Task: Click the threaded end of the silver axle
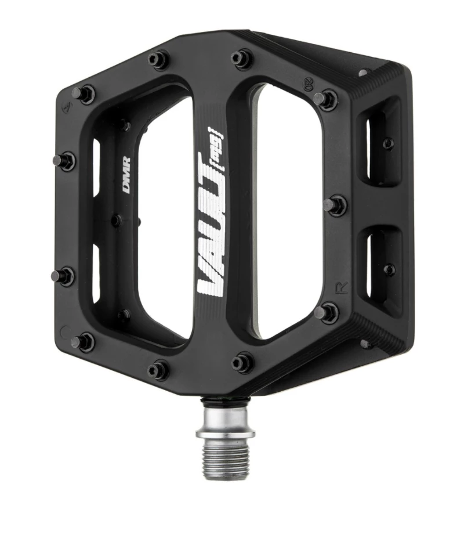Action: pos(226,459)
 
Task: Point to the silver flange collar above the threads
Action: pos(226,432)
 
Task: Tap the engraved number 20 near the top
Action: pos(309,86)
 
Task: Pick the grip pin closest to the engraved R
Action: pos(326,312)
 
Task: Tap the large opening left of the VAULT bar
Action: pos(165,221)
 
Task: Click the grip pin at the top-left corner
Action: pos(83,93)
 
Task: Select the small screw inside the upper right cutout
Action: pos(388,143)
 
